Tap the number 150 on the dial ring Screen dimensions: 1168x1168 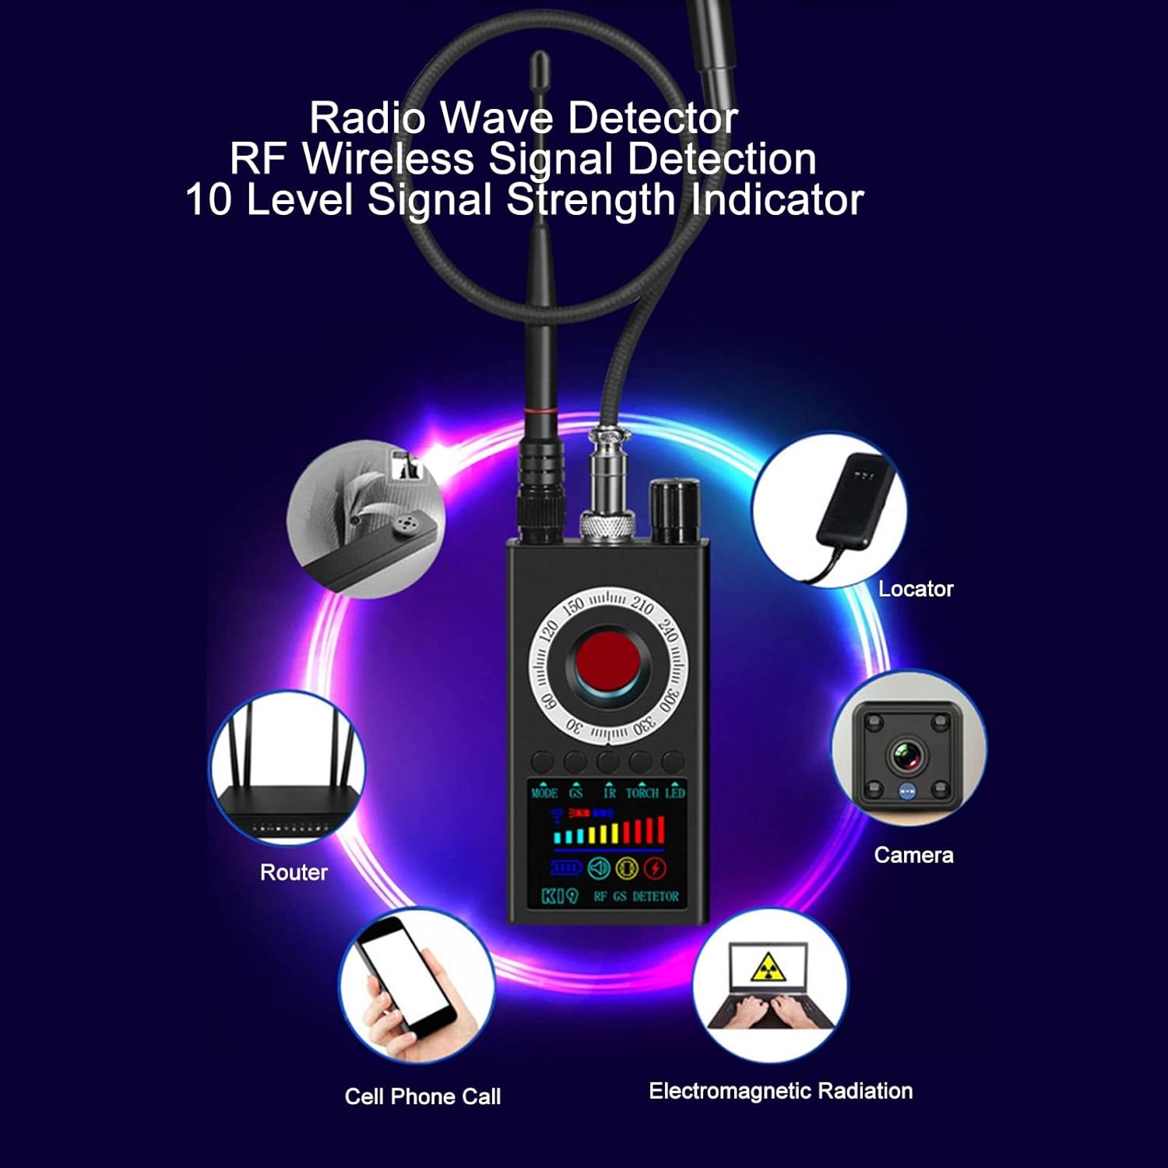pos(573,606)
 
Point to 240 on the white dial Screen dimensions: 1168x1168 pos(667,629)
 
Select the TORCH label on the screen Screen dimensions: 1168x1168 pos(642,793)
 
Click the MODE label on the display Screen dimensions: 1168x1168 pos(544,793)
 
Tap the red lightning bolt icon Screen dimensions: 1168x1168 pos(656,867)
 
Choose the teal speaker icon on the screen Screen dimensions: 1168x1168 pos(598,867)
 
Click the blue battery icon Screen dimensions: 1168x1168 pos(565,867)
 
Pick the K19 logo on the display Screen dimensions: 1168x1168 pos(559,896)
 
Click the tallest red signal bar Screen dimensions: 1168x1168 pos(661,829)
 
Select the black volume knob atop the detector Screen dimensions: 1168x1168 pos(674,512)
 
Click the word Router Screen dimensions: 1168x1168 pos(294,872)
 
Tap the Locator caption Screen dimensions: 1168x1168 pos(916,589)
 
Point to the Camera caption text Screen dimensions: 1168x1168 pos(913,855)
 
